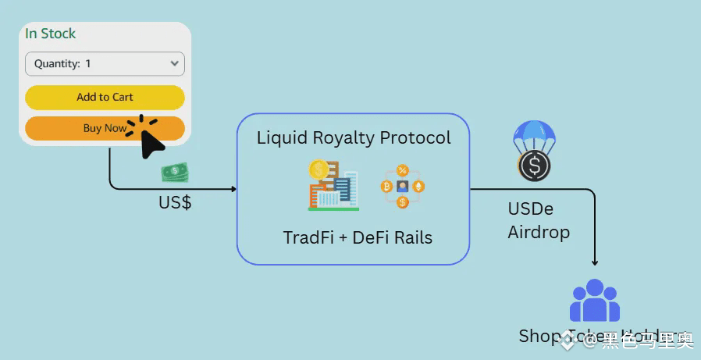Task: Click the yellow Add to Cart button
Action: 105,97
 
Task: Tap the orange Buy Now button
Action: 105,128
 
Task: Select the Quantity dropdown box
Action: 105,64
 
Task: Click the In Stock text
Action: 50,34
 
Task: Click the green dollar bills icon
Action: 175,172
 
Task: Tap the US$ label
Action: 175,203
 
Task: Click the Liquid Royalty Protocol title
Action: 354,138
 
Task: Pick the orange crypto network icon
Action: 403,186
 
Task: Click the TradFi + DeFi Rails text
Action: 358,237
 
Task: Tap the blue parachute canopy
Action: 534,136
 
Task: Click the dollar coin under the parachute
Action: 535,166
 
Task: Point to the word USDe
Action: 530,209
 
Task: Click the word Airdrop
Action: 539,232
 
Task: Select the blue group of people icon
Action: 594,301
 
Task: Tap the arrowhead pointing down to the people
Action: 595,263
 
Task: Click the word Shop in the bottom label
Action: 537,336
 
